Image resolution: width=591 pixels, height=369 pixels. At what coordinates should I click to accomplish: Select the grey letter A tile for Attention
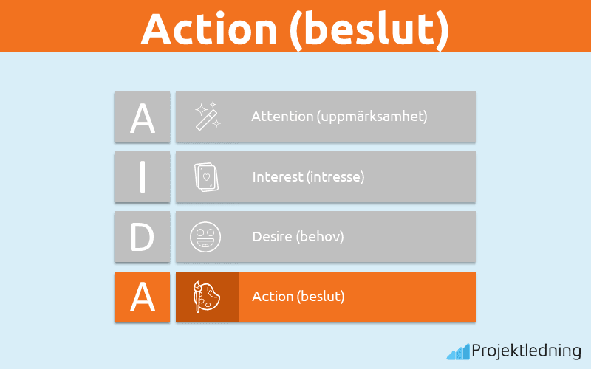coord(142,117)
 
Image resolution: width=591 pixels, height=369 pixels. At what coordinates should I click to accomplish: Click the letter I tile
coord(142,177)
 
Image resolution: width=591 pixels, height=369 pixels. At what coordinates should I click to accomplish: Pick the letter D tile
coord(142,237)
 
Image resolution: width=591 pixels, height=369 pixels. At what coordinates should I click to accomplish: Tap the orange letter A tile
coord(142,297)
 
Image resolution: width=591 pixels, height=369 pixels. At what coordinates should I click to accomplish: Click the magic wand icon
coord(207,117)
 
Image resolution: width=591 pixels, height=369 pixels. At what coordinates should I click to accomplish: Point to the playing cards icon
coord(207,177)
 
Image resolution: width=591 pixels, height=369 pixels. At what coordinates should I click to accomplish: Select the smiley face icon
coord(206,237)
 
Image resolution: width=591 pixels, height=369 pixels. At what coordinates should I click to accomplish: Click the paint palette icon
coord(207,297)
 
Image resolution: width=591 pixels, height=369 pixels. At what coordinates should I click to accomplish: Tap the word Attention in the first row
coord(276,117)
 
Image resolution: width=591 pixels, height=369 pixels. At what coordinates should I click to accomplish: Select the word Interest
coord(276,177)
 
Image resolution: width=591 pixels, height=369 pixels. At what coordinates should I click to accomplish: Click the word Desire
coord(271,237)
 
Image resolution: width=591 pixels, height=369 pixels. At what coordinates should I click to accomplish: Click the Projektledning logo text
coord(527,350)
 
